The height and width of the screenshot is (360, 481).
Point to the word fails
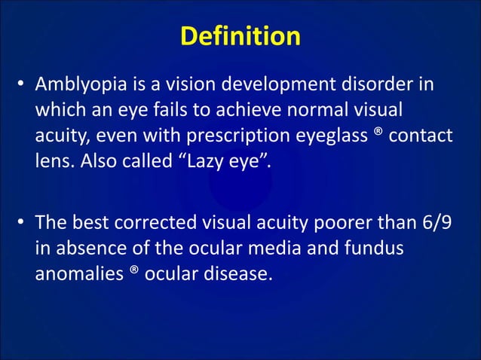coord(179,110)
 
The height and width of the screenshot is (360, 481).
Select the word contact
coord(414,136)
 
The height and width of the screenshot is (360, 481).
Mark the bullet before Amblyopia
coord(23,84)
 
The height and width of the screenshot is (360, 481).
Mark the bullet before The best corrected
coord(23,223)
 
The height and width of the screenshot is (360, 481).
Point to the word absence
coord(83,249)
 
